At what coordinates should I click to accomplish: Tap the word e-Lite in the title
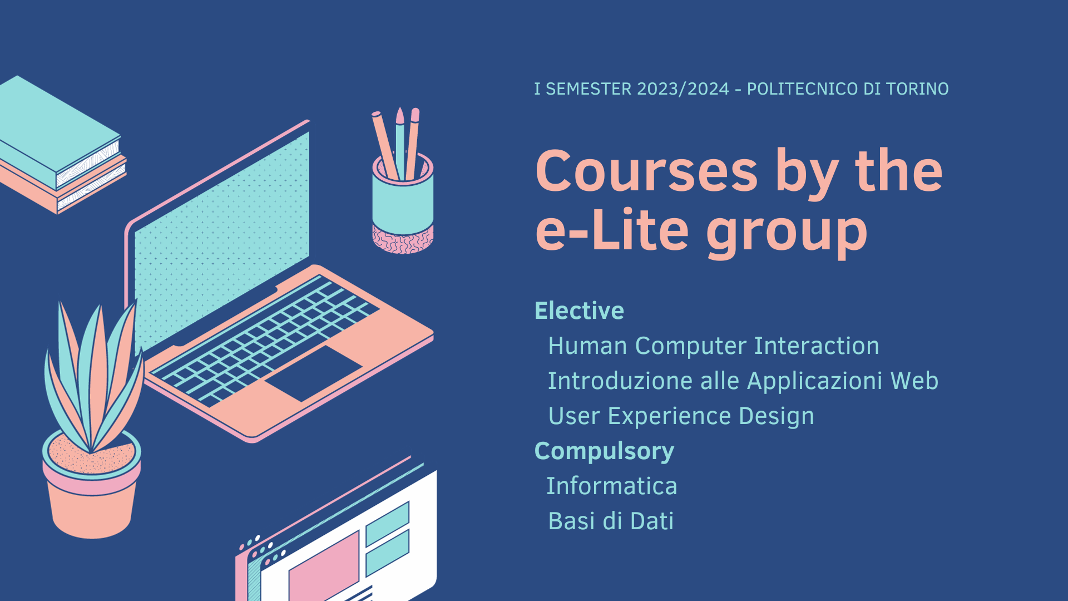click(x=612, y=230)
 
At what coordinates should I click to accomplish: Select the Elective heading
click(x=579, y=311)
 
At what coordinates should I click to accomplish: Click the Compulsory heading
click(x=604, y=452)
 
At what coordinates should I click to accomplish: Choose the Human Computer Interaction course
click(x=714, y=346)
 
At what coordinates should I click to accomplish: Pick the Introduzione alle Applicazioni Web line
click(x=743, y=381)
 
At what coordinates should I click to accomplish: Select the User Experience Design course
click(x=681, y=417)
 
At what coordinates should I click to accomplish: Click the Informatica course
click(x=612, y=486)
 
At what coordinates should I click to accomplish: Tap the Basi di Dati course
click(x=611, y=521)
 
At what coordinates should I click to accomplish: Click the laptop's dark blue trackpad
click(x=313, y=373)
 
